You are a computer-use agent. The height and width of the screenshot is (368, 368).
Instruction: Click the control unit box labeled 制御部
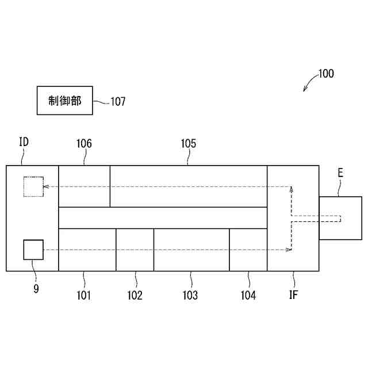(x=64, y=101)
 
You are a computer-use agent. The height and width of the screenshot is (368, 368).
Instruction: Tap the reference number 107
(x=118, y=102)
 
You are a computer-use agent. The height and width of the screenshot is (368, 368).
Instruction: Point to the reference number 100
(x=325, y=74)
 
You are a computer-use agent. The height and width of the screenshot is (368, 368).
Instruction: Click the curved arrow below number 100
(x=309, y=85)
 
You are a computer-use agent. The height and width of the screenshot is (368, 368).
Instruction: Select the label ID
(x=24, y=142)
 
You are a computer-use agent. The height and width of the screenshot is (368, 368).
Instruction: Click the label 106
(x=84, y=143)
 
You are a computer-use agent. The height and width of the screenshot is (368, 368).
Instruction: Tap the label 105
(x=188, y=143)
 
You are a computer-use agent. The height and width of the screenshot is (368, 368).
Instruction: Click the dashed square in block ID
(x=33, y=187)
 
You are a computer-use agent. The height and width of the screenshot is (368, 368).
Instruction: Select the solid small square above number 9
(x=33, y=250)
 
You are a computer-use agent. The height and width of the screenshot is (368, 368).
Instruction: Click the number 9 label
(x=36, y=289)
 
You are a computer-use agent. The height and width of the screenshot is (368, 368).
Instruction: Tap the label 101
(x=83, y=296)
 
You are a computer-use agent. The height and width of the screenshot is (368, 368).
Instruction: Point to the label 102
(x=135, y=296)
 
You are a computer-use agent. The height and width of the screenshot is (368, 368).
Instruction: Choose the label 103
(x=190, y=296)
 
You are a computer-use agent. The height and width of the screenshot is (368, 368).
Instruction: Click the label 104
(x=248, y=296)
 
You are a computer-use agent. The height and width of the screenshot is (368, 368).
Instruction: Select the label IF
(x=293, y=296)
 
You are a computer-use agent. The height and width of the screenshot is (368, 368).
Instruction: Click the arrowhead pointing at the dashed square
(x=46, y=186)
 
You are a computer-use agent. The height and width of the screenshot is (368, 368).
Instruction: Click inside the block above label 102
(x=135, y=250)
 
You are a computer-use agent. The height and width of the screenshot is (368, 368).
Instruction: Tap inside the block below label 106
(x=84, y=186)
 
